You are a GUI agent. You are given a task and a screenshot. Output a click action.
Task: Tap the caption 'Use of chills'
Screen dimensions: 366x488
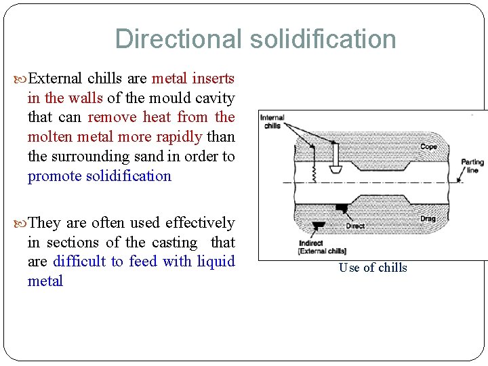pos(373,268)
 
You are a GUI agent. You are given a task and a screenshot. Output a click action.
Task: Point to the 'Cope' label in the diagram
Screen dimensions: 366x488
pos(428,146)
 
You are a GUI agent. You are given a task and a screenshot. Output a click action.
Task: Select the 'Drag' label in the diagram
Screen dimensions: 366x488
pos(428,218)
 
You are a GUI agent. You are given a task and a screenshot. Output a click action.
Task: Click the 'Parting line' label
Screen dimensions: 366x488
pos(472,166)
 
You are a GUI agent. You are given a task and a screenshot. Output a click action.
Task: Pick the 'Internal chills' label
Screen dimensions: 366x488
pos(273,121)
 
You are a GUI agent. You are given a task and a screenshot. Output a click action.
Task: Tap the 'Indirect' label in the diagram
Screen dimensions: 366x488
pos(311,243)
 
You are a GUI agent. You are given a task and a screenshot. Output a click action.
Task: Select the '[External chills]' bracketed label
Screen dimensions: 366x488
pos(323,251)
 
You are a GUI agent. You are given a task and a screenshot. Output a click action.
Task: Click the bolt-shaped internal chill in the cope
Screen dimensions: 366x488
pos(334,161)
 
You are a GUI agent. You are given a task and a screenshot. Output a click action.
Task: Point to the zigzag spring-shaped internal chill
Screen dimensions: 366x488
pos(313,174)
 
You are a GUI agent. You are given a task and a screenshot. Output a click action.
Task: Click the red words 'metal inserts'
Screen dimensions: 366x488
pos(193,79)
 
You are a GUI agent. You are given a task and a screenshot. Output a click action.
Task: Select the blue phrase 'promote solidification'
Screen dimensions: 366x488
pos(100,176)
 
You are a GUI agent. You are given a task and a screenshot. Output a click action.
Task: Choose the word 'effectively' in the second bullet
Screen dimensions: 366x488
pos(200,222)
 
